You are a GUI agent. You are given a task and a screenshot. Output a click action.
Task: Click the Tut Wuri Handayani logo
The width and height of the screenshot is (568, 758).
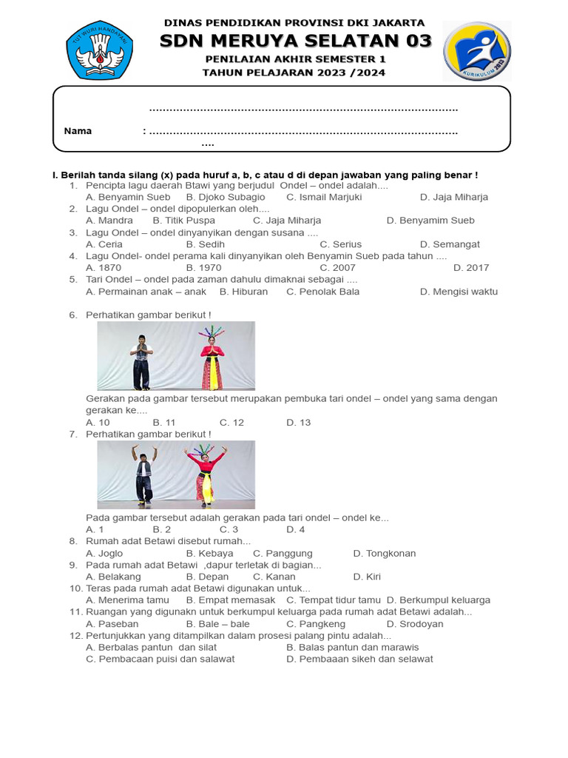100,50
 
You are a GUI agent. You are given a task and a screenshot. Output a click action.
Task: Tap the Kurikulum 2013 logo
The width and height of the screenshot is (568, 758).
476,51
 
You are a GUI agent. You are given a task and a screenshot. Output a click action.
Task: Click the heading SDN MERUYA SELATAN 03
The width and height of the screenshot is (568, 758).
295,41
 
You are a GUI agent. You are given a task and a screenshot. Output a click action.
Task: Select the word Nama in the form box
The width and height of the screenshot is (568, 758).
78,131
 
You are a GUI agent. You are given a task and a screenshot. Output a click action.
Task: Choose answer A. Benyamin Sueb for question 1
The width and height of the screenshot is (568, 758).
128,197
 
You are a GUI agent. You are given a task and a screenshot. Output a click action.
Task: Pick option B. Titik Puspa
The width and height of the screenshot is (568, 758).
183,221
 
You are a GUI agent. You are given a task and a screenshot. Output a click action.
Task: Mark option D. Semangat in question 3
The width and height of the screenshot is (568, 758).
450,244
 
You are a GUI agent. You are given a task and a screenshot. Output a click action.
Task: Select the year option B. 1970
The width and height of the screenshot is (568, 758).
203,268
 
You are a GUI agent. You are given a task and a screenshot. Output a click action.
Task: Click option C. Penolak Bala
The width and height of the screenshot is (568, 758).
322,292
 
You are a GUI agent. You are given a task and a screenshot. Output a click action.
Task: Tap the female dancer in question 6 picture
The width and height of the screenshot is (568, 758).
212,358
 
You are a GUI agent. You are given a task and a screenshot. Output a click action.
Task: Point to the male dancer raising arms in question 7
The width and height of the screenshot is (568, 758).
143,474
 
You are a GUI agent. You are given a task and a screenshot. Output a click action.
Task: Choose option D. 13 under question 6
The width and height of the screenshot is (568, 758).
299,423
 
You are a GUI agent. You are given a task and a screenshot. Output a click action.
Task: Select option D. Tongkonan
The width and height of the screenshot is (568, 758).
385,553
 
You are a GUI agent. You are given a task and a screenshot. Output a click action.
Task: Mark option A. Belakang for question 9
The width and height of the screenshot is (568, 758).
113,577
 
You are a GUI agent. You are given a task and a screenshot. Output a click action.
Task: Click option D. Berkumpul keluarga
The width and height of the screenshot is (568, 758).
439,600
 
